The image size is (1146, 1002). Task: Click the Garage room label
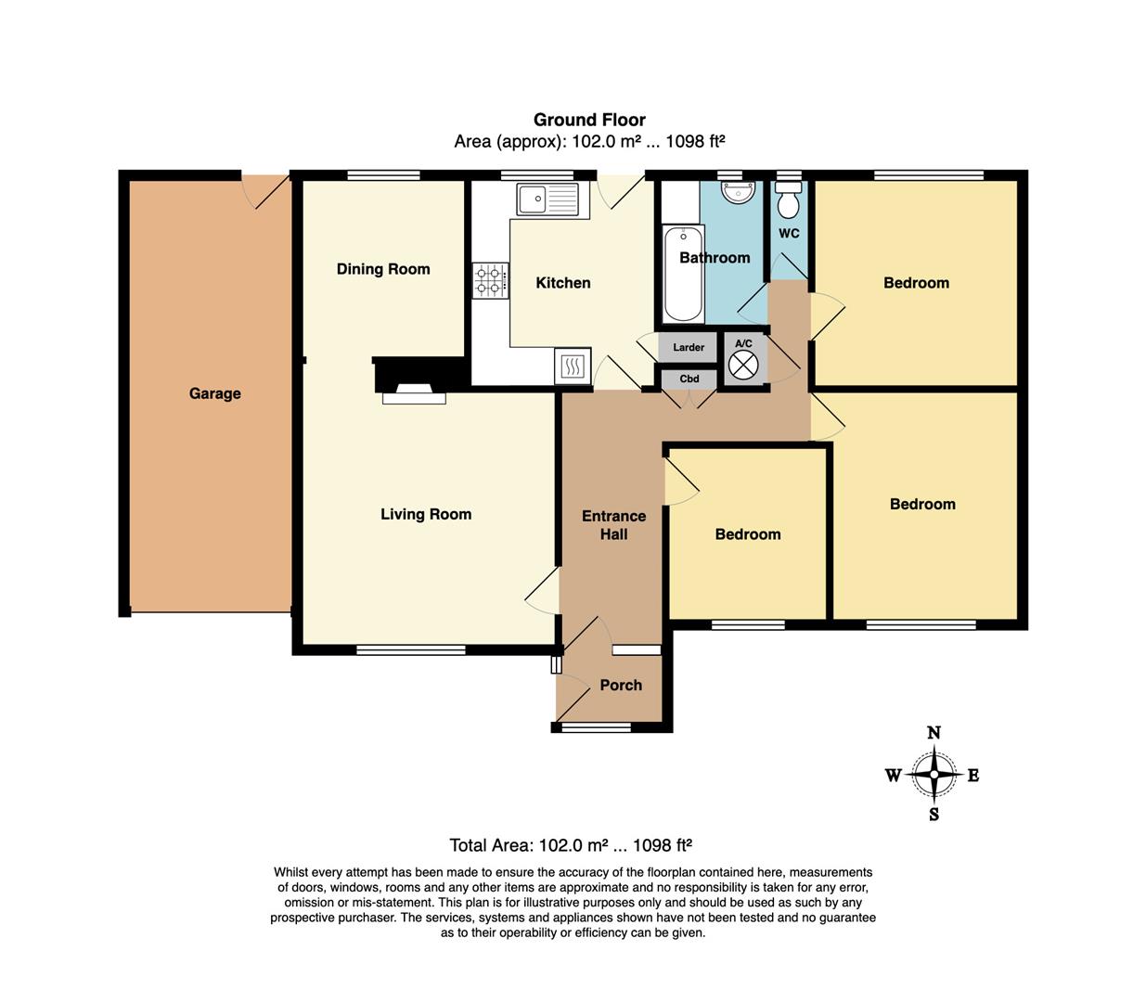pyautogui.click(x=215, y=393)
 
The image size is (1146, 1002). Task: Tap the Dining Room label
pyautogui.click(x=383, y=269)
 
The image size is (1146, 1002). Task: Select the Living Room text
pyautogui.click(x=426, y=514)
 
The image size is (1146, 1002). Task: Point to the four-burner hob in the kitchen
pyautogui.click(x=490, y=280)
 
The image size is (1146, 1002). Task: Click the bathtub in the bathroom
pyautogui.click(x=683, y=274)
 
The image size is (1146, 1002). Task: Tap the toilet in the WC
pyautogui.click(x=789, y=200)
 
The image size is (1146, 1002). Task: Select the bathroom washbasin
pyautogui.click(x=739, y=191)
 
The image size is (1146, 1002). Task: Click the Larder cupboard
pyautogui.click(x=689, y=347)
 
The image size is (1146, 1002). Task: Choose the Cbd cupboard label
pyautogui.click(x=689, y=379)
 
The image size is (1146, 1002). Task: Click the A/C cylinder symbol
pyautogui.click(x=743, y=365)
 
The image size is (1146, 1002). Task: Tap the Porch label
pyautogui.click(x=621, y=685)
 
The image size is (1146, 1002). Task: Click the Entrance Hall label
pyautogui.click(x=614, y=525)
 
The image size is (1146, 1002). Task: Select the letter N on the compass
pyautogui.click(x=934, y=733)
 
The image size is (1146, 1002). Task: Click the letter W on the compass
pyautogui.click(x=893, y=776)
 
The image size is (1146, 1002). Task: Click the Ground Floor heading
pyautogui.click(x=589, y=120)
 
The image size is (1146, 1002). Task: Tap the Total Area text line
pyautogui.click(x=570, y=844)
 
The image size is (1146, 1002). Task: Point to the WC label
pyautogui.click(x=789, y=233)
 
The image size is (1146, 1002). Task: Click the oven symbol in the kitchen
pyautogui.click(x=572, y=366)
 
